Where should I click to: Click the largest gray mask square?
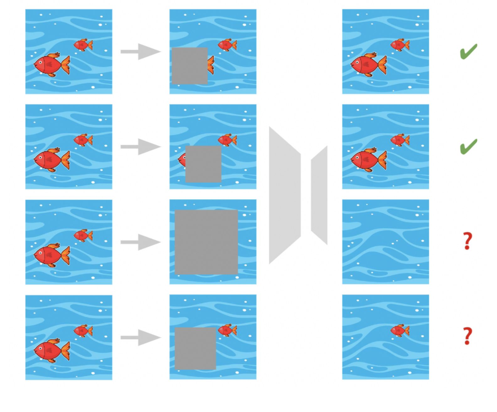click(x=206, y=242)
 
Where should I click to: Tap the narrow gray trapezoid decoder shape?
click(x=319, y=195)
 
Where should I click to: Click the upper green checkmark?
click(x=468, y=51)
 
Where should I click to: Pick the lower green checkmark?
click(x=468, y=147)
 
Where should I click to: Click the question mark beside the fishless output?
click(x=468, y=241)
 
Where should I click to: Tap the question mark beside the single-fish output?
click(x=468, y=336)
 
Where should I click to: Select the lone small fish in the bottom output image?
click(x=399, y=330)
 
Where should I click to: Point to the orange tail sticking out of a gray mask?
click(x=211, y=65)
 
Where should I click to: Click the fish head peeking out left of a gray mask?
click(x=182, y=160)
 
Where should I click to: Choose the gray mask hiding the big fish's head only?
click(x=190, y=66)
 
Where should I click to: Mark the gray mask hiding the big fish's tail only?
click(x=203, y=164)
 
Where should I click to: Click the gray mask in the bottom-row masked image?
click(x=195, y=349)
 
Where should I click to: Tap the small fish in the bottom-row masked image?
click(x=227, y=330)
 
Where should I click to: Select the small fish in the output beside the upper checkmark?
click(x=399, y=45)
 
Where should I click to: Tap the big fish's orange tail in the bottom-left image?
click(x=66, y=351)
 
